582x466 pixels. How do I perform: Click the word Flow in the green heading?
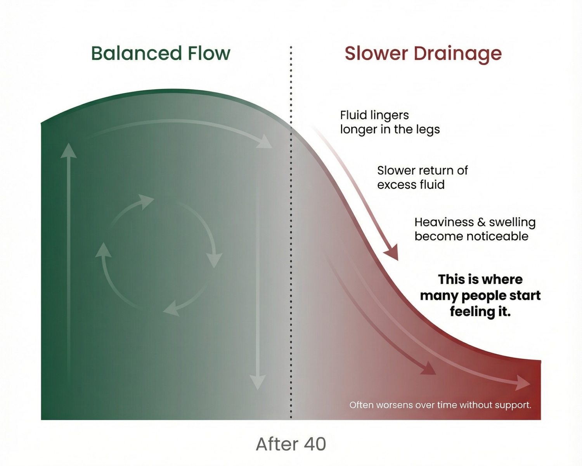pos(209,53)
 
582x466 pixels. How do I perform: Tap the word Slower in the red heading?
pos(376,54)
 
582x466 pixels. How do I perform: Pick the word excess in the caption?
pos(394,185)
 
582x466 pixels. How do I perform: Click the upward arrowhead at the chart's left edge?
pos(68,151)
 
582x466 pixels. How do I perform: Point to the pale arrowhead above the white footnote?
pos(523,383)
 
